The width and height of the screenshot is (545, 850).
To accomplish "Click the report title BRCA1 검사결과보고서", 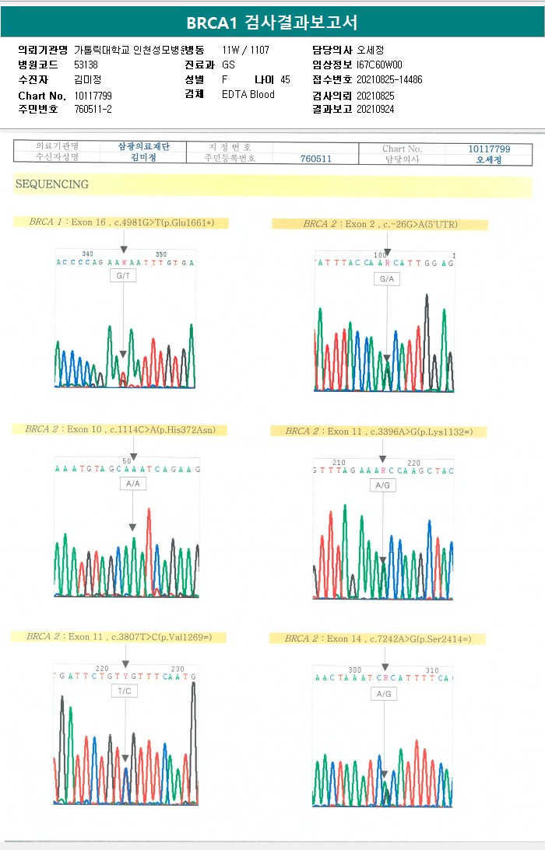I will click(272, 23).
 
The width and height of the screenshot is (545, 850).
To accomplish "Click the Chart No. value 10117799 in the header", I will click(93, 95).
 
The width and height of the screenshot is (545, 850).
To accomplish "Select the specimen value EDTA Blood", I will click(248, 94).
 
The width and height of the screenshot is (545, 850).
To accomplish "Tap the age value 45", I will click(285, 79).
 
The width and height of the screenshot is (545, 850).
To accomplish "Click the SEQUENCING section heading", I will click(51, 185).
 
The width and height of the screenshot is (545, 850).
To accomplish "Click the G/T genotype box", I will click(123, 276).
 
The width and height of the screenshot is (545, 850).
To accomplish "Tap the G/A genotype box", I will click(387, 279).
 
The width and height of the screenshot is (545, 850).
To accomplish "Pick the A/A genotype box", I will click(133, 484).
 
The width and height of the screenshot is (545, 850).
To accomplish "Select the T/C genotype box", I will click(125, 691).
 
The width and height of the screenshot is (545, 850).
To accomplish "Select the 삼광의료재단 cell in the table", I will click(143, 147).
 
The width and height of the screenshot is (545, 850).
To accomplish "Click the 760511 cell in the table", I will click(316, 159).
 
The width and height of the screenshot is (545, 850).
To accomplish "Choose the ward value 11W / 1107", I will click(245, 50).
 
